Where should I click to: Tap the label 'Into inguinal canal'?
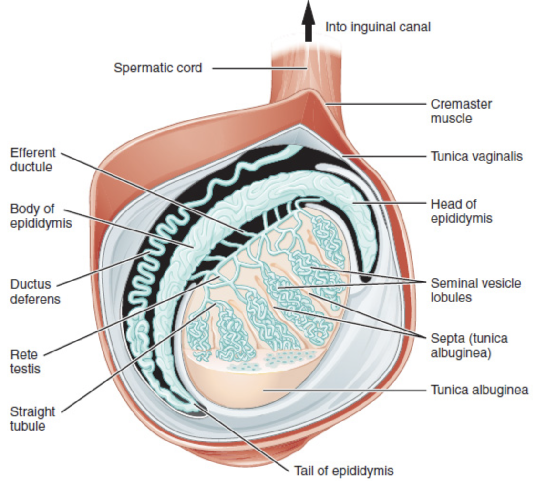point(378,27)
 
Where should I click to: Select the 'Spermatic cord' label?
point(158,68)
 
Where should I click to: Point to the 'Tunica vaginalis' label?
point(477,156)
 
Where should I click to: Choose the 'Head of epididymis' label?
point(461,211)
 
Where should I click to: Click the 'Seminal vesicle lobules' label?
point(476,290)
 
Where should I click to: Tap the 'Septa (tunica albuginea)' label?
point(469,346)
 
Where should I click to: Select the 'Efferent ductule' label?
point(33,160)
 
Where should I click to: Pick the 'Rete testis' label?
point(25,361)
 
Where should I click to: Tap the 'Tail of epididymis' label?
point(344,471)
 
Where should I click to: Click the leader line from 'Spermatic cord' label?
point(258,68)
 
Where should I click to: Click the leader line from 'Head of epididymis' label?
point(391,203)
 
